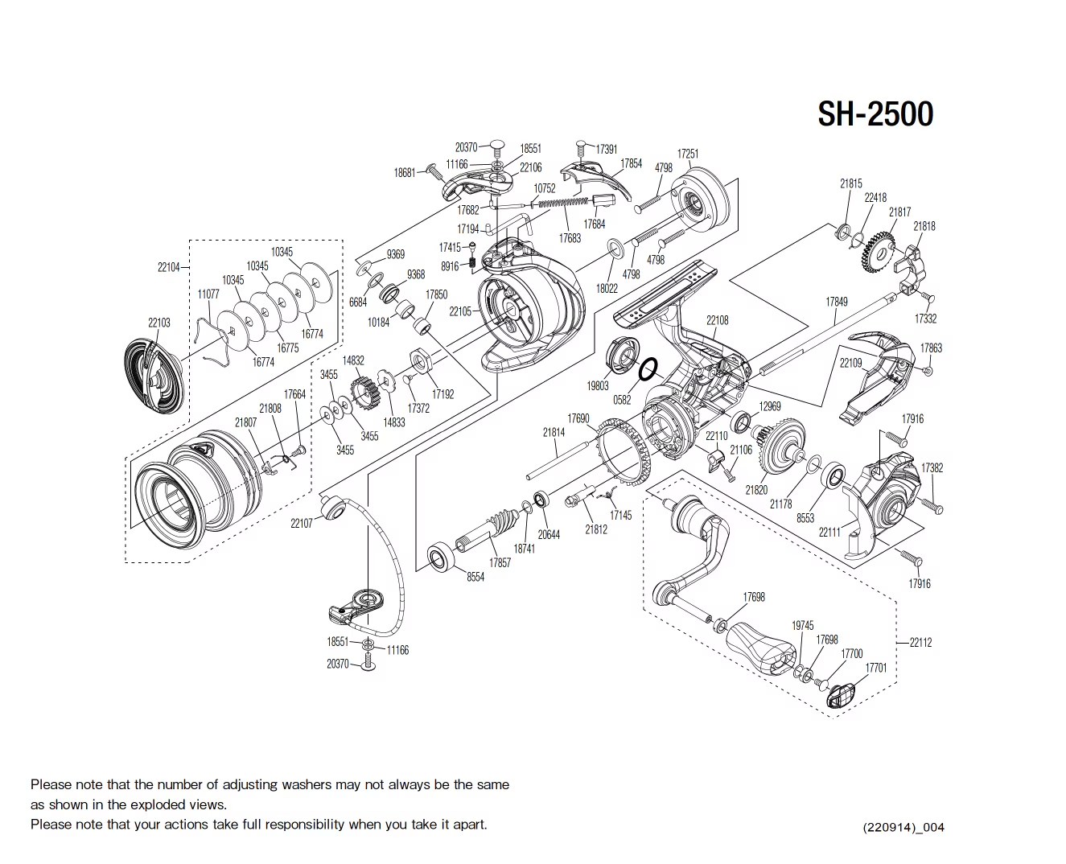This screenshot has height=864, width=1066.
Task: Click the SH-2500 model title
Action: tap(875, 114)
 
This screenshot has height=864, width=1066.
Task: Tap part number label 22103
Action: tap(158, 323)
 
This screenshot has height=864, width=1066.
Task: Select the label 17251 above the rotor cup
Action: tap(687, 154)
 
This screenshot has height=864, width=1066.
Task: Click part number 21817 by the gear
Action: tap(899, 212)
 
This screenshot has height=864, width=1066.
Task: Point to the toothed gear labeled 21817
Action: tap(879, 253)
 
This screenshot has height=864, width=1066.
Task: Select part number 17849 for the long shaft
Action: tap(836, 302)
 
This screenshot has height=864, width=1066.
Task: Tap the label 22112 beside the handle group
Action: tap(920, 643)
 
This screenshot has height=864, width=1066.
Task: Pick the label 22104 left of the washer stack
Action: tap(168, 267)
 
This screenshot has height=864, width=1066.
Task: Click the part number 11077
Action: tap(208, 294)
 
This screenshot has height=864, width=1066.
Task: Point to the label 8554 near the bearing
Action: tap(475, 577)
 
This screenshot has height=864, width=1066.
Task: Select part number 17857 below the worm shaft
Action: tap(500, 563)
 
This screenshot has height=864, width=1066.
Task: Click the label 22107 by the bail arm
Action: tap(301, 524)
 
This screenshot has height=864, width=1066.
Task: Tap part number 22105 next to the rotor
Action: tap(460, 311)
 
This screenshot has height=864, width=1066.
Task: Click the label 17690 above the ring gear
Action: tap(578, 419)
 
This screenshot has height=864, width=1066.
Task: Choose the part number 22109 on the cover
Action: tap(850, 363)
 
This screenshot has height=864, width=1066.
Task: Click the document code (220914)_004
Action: tap(903, 827)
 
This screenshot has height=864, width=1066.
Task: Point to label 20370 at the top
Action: tap(466, 147)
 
